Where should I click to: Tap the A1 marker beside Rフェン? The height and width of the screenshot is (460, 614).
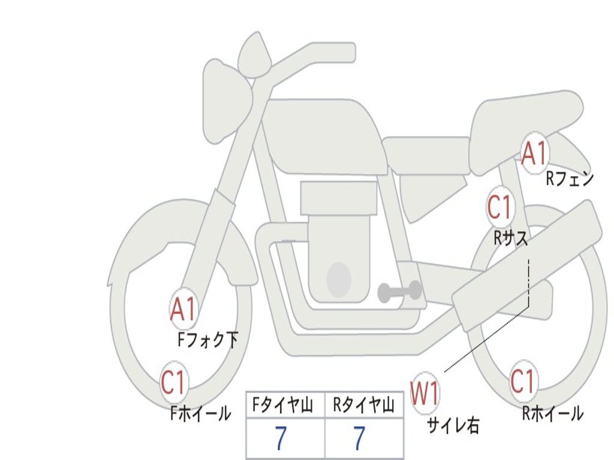pos(534,154)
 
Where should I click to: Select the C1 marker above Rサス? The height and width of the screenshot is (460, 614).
pos(500,207)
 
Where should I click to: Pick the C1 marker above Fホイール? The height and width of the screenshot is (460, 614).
pos(173,382)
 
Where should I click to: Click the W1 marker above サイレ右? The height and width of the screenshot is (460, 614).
pos(425,393)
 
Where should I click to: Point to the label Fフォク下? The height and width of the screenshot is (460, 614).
pos(207,340)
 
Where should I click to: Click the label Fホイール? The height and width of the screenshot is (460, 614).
pos(200,413)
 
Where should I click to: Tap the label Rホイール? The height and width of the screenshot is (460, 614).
pos(552,413)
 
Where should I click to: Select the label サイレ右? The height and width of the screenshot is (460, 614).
pos(453,425)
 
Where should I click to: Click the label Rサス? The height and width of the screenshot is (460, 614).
pos(511,238)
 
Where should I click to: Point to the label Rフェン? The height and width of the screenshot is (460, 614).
pos(570,178)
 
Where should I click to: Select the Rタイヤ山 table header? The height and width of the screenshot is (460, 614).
pos(364,405)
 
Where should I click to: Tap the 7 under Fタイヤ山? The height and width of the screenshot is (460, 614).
pos(281,438)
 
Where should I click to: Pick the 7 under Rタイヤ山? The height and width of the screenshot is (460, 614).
pos(359,438)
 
